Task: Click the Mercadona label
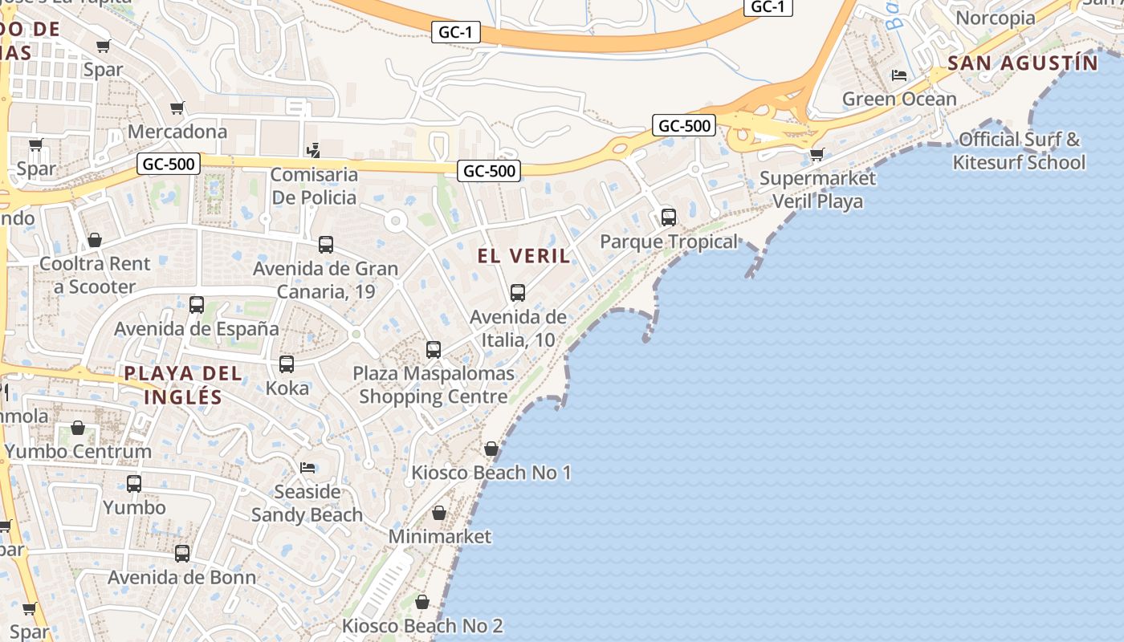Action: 177,131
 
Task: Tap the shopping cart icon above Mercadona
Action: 177,108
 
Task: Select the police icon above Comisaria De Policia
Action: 314,150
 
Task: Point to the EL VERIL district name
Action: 523,256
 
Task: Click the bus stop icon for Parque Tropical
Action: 668,217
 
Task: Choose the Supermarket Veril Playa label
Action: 817,189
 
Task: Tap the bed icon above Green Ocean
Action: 899,75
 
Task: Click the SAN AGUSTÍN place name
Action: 1022,63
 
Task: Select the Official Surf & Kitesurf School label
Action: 1019,151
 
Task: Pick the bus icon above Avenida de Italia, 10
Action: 518,293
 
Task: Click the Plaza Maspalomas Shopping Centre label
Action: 434,384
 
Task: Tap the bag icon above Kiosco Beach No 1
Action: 491,449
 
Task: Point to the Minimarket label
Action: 439,535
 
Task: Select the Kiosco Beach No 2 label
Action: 422,625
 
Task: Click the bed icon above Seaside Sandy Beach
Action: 307,467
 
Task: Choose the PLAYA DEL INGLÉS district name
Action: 183,384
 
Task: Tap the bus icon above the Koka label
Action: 287,364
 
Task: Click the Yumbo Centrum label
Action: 78,451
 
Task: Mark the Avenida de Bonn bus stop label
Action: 182,577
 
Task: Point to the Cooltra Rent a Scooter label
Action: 95,274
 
